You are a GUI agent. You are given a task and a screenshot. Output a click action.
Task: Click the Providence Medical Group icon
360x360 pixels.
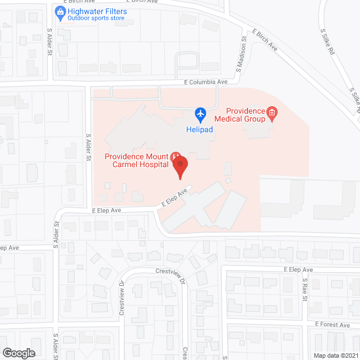coord(272,114)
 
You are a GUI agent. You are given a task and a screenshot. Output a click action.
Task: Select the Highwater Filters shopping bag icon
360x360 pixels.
coord(60,11)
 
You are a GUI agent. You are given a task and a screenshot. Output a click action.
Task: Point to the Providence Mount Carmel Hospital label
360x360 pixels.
coord(137,160)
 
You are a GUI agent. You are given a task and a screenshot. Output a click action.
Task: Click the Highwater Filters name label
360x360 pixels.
coord(97,11)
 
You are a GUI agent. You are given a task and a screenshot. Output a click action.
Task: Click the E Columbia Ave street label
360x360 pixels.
coord(206,82)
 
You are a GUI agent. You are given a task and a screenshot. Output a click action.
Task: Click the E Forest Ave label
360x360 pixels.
coord(332,324)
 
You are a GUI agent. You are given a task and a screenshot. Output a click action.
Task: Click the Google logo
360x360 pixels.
coord(19,353)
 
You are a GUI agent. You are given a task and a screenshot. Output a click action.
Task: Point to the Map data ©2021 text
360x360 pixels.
coord(335,355)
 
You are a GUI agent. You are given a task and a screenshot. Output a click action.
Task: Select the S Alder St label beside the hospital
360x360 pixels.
coord(88,147)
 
